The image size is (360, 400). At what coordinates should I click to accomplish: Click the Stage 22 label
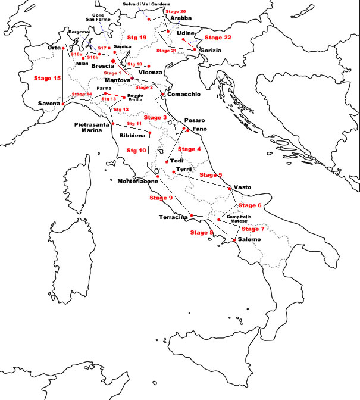[x=218, y=37]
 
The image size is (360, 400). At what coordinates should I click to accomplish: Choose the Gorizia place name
[x=211, y=51]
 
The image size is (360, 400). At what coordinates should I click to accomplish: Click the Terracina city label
[x=174, y=217]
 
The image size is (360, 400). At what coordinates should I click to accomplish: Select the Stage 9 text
[x=161, y=198]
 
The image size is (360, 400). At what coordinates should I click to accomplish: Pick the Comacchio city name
[x=184, y=94]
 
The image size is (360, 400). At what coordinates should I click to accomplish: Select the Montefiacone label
[x=137, y=181]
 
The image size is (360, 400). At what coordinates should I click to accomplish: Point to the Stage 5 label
[x=211, y=175]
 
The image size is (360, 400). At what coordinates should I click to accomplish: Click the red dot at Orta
[x=63, y=48]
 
